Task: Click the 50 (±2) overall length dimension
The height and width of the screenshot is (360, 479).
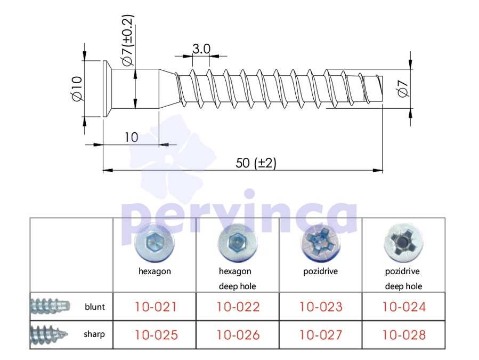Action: (256, 163)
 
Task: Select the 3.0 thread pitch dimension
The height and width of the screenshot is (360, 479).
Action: (201, 49)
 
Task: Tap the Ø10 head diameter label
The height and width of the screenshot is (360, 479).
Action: (77, 89)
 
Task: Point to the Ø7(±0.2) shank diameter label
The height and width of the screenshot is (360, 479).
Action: (128, 40)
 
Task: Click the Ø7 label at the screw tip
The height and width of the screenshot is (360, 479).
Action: (403, 89)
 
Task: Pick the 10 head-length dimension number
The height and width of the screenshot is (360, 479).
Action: (132, 137)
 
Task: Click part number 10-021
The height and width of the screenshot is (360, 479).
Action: (156, 307)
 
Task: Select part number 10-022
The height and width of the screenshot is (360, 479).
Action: (238, 307)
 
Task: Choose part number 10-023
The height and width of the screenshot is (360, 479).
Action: (321, 307)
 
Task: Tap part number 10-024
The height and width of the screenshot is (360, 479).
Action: (404, 307)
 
